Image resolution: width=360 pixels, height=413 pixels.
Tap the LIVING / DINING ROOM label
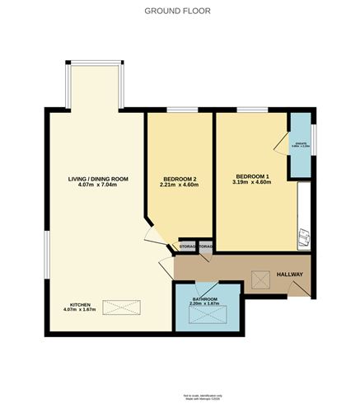tap(98, 177)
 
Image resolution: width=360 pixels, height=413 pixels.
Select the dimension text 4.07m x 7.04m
tap(98, 185)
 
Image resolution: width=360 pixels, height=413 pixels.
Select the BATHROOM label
tap(205, 298)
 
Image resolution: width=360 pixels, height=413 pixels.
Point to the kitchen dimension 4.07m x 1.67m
tap(80, 311)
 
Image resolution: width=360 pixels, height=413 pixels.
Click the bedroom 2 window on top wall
tap(180, 110)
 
